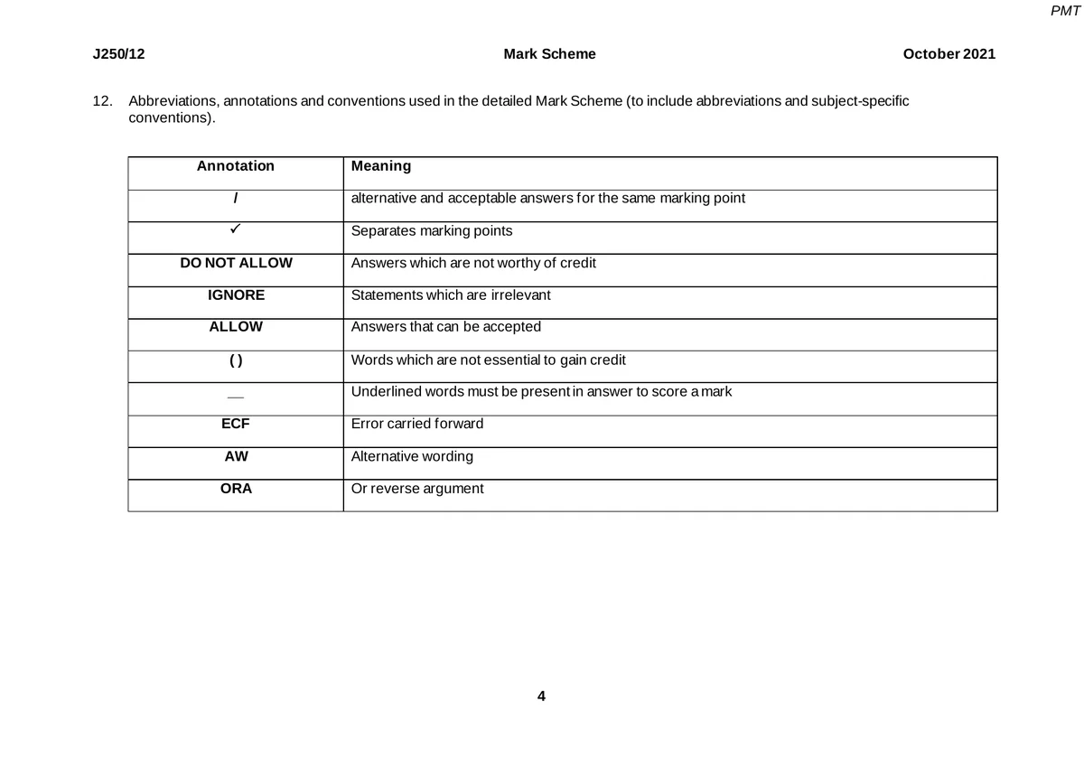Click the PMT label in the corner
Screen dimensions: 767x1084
pyautogui.click(x=1066, y=11)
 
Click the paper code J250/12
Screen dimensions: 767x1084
pyautogui.click(x=119, y=54)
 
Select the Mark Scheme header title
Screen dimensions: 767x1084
pyautogui.click(x=549, y=54)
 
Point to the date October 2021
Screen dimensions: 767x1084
pyautogui.click(x=948, y=54)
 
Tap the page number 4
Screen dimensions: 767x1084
pyautogui.click(x=541, y=697)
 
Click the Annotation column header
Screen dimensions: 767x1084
pyautogui.click(x=236, y=166)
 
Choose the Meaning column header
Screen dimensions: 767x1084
pyautogui.click(x=380, y=166)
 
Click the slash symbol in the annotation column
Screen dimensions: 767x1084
pyautogui.click(x=236, y=199)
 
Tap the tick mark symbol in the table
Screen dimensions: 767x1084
pyautogui.click(x=235, y=230)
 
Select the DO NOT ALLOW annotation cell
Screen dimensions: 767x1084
pyautogui.click(x=236, y=263)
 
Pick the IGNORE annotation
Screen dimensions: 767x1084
pyautogui.click(x=236, y=295)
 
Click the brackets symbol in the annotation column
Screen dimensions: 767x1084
pyautogui.click(x=236, y=360)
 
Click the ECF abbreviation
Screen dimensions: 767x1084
pyautogui.click(x=236, y=424)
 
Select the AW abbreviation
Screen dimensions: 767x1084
pyautogui.click(x=236, y=456)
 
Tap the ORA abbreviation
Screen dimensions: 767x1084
pyautogui.click(x=236, y=489)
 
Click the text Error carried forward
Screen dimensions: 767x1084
pyautogui.click(x=416, y=424)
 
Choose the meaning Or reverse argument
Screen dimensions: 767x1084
pyautogui.click(x=416, y=489)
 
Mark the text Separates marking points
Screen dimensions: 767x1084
pyautogui.click(x=431, y=231)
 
